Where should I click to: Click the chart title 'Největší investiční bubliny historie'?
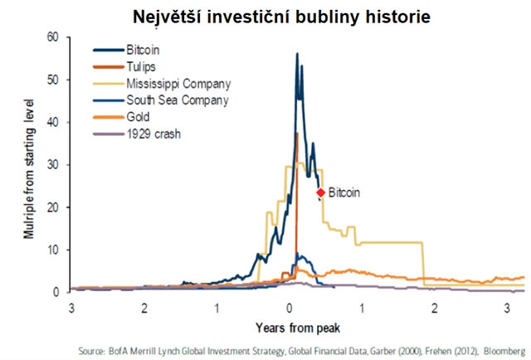[x=265, y=16]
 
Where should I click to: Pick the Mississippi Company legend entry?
[x=178, y=84]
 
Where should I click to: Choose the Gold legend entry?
[x=138, y=116]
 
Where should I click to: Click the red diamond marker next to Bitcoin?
[x=320, y=192]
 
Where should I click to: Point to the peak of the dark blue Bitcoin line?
[x=296, y=54]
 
